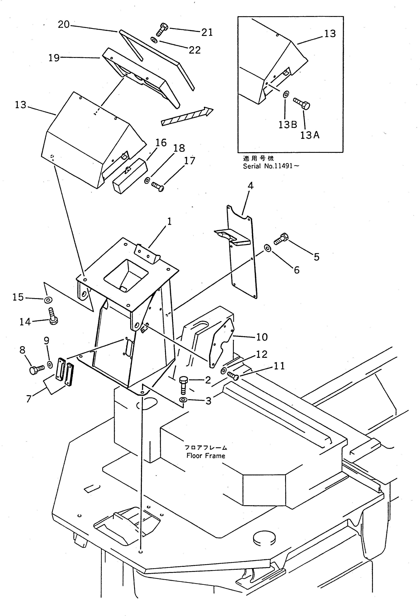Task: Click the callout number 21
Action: pos(207,33)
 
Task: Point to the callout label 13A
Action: pos(310,135)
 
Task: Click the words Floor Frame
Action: pos(206,456)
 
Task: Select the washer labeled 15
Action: pos(48,300)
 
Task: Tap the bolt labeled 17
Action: pos(158,186)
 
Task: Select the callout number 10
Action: pos(262,337)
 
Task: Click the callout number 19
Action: pos(54,58)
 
